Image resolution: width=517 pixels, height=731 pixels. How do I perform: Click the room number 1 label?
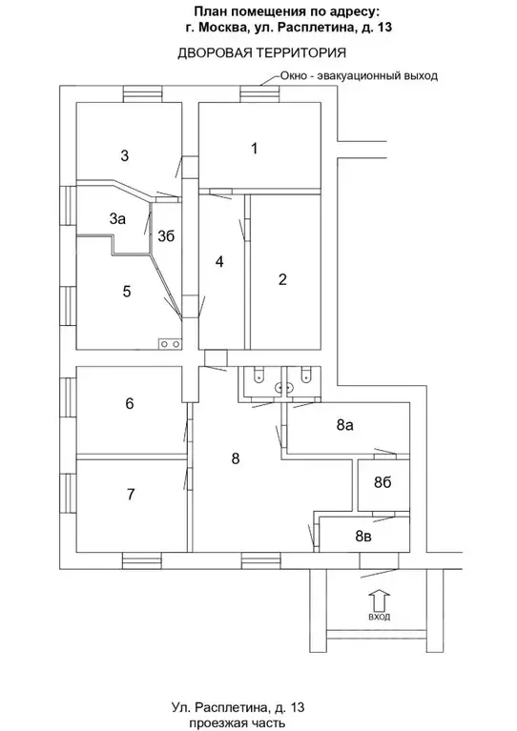point(255,149)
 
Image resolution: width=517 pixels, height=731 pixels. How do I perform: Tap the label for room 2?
point(282,279)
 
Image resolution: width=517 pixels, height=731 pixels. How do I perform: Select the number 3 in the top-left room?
point(125,155)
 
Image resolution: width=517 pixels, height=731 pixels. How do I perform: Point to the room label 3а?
point(117,218)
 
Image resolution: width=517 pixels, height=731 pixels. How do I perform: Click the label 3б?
point(166,236)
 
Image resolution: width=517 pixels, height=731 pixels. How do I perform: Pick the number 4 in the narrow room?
point(219,261)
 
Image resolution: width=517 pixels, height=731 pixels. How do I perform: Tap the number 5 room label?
point(127,292)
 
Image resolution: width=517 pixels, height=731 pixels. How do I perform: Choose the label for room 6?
point(130,403)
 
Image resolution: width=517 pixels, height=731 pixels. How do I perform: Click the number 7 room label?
point(131,494)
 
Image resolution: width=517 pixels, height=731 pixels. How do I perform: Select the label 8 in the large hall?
point(236,458)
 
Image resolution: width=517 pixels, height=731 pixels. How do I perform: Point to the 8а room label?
point(344,425)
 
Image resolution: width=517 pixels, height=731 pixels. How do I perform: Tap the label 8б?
point(383,483)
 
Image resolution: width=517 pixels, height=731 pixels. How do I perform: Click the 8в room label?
point(364,537)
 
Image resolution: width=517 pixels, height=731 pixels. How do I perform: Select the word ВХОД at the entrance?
point(380,618)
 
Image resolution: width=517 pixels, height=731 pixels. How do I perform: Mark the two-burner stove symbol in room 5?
point(170,344)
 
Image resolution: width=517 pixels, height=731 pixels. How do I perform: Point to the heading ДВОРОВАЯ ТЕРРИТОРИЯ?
point(261,53)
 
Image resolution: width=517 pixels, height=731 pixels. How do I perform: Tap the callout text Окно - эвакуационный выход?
point(359,75)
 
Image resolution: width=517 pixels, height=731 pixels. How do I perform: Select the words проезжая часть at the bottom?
point(238,723)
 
